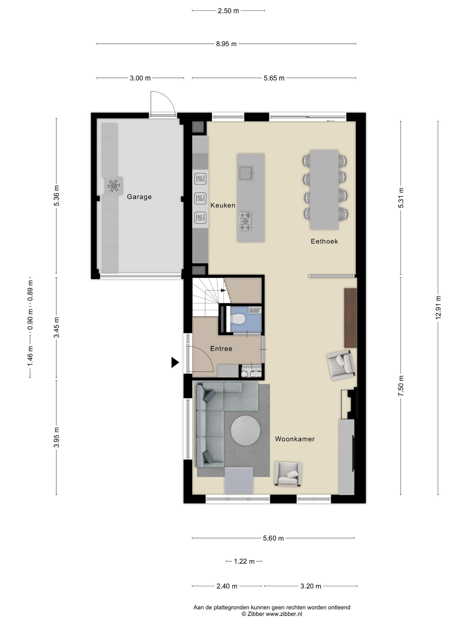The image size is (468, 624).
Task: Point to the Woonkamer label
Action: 295,439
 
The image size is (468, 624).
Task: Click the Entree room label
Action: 221,349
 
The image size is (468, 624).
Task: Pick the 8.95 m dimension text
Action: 226,44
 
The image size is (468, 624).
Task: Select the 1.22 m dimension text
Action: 244,561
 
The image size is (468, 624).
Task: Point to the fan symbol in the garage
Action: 114,185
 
